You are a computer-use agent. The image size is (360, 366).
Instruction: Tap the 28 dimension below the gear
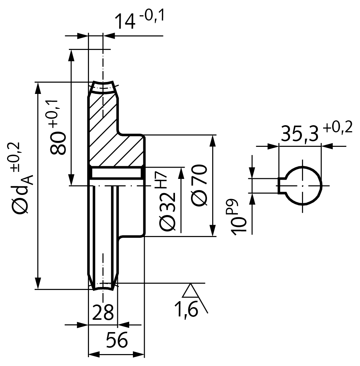click(103, 312)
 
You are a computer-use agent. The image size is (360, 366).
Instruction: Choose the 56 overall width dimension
click(117, 340)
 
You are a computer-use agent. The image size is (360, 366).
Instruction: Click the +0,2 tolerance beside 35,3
click(337, 128)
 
